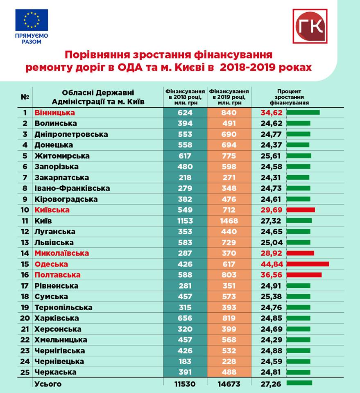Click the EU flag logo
pyautogui.click(x=32, y=20)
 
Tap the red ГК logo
pyautogui.click(x=310, y=26)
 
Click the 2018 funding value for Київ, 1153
pyautogui.click(x=185, y=221)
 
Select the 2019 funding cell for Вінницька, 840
pyautogui.click(x=229, y=113)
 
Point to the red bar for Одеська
pyautogui.click(x=308, y=264)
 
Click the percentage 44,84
pyautogui.click(x=272, y=264)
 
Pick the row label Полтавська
pyautogui.click(x=57, y=275)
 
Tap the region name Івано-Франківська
pyautogui.click(x=72, y=188)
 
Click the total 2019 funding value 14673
pyautogui.click(x=229, y=384)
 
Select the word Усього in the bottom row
pyautogui.click(x=48, y=384)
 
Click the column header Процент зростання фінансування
pyautogui.click(x=289, y=97)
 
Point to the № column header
pyautogui.click(x=25, y=97)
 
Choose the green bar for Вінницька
pyautogui.click(x=303, y=112)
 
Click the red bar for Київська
pyautogui.click(x=301, y=210)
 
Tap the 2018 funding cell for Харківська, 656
pyautogui.click(x=185, y=318)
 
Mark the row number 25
pyautogui.click(x=25, y=372)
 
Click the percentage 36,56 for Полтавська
pyautogui.click(x=272, y=275)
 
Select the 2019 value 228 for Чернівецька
pyautogui.click(x=229, y=361)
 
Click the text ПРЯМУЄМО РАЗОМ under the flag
pyautogui.click(x=32, y=38)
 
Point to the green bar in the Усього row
pyautogui.click(x=299, y=383)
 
